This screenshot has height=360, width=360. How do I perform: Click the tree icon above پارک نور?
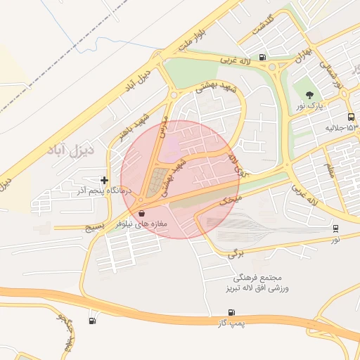[310, 95]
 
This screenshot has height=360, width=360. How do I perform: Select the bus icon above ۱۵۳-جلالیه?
[350, 117]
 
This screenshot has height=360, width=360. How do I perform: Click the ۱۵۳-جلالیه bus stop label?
[342, 129]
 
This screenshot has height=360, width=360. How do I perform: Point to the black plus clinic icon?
[105, 180]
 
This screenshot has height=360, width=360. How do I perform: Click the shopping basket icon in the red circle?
[142, 213]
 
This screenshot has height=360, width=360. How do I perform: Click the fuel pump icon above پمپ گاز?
[231, 312]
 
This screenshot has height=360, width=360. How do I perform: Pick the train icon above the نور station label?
[336, 228]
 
